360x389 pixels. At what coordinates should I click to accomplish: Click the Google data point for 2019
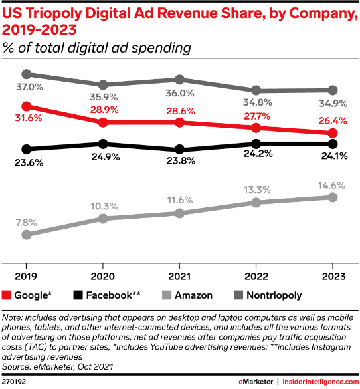click(26, 106)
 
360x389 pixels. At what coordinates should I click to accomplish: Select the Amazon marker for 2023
click(333, 197)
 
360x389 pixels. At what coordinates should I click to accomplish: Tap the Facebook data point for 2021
click(179, 149)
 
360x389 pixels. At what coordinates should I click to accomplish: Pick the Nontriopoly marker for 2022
click(256, 90)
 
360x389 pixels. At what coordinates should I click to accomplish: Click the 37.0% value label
click(30, 86)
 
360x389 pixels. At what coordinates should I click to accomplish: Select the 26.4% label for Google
click(333, 121)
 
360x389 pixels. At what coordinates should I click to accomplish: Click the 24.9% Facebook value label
click(103, 157)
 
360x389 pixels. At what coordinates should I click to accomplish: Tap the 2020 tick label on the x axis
click(103, 276)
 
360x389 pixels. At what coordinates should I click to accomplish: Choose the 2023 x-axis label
click(333, 276)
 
